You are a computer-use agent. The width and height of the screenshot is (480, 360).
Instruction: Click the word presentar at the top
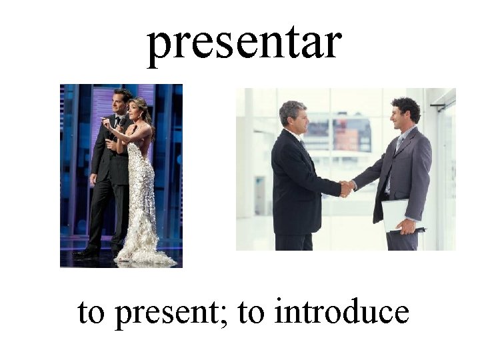pos(244,44)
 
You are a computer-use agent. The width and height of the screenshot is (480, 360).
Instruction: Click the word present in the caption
pos(169,313)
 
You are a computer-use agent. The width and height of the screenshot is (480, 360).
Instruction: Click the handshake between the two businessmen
pos(345,188)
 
